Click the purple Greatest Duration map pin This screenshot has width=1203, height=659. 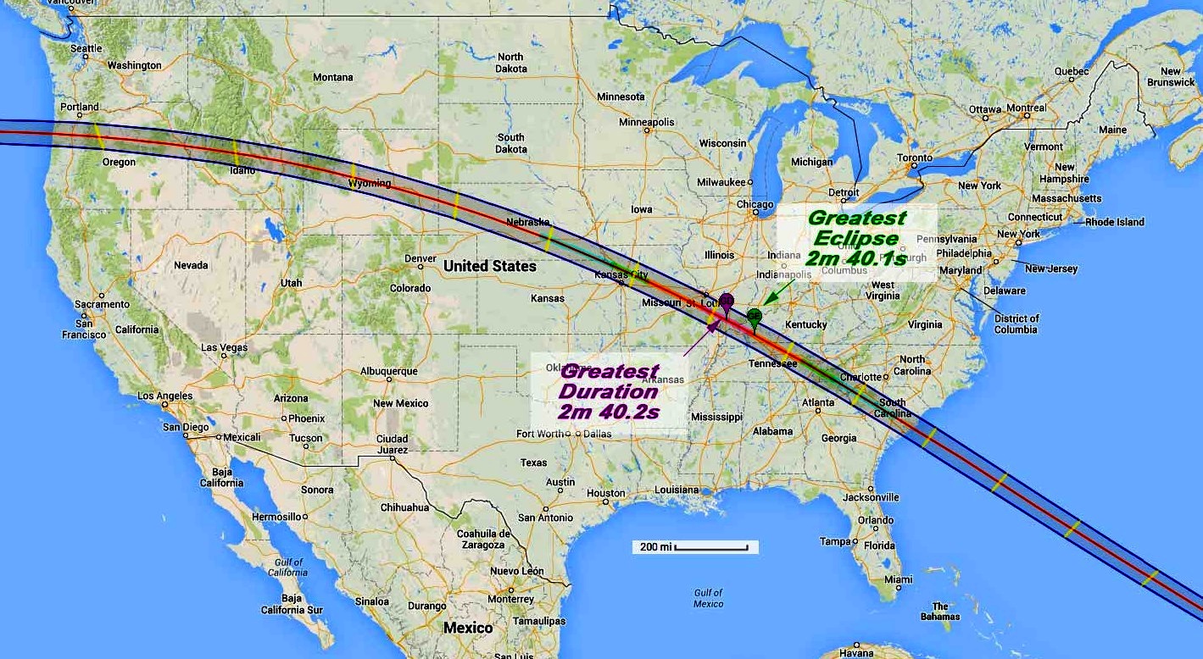(727, 302)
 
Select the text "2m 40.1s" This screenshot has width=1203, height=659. (855, 258)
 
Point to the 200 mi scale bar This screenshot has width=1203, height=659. (695, 547)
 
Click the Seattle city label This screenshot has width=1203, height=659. (86, 48)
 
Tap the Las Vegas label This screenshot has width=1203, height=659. (225, 347)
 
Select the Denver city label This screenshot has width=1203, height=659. (420, 258)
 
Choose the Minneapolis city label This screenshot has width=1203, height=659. (646, 122)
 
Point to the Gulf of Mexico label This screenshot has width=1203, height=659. (707, 598)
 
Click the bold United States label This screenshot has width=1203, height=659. (490, 266)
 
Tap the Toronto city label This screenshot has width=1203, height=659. (915, 158)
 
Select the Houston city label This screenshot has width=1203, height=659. (605, 493)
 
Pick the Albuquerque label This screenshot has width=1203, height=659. (389, 371)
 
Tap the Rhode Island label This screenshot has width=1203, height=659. (1115, 222)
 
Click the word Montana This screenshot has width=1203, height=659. (332, 77)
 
